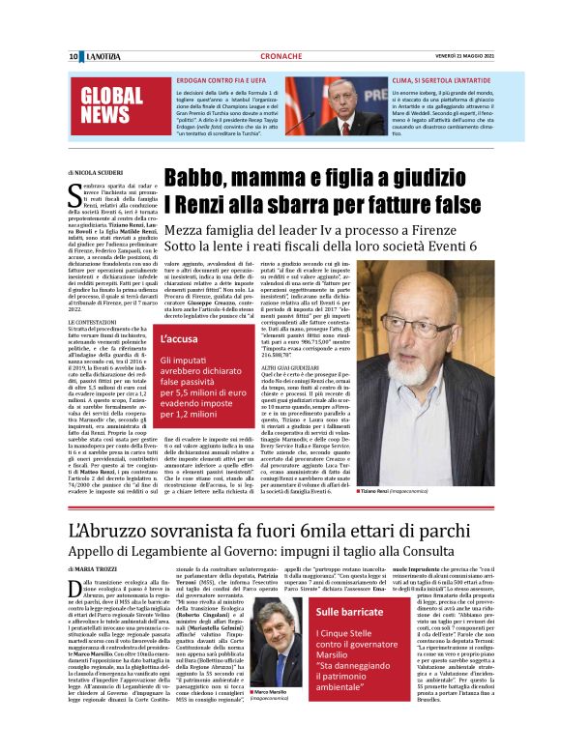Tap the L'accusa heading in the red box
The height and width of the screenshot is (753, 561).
pyautogui.click(x=184, y=340)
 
